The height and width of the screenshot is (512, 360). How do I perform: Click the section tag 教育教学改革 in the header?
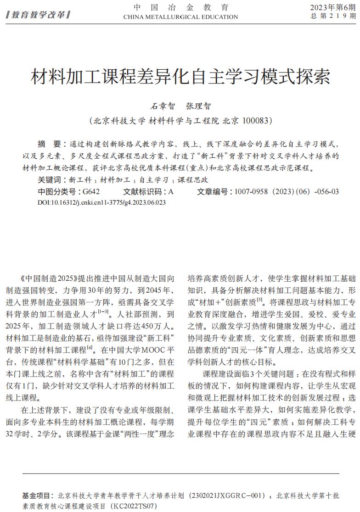point(38,15)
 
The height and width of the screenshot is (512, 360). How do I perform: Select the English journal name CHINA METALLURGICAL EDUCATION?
point(180,17)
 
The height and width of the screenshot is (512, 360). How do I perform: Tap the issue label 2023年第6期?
point(332,7)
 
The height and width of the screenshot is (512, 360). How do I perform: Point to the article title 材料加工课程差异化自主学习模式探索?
point(180,77)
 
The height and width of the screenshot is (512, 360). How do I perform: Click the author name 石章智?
point(163,106)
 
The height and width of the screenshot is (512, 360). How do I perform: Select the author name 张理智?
point(198,106)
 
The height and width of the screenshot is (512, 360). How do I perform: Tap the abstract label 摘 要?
point(49,144)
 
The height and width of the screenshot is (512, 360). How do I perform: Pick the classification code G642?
point(90,192)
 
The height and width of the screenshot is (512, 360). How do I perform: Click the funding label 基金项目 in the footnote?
point(37,496)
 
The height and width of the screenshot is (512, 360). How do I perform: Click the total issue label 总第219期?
point(332,16)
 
